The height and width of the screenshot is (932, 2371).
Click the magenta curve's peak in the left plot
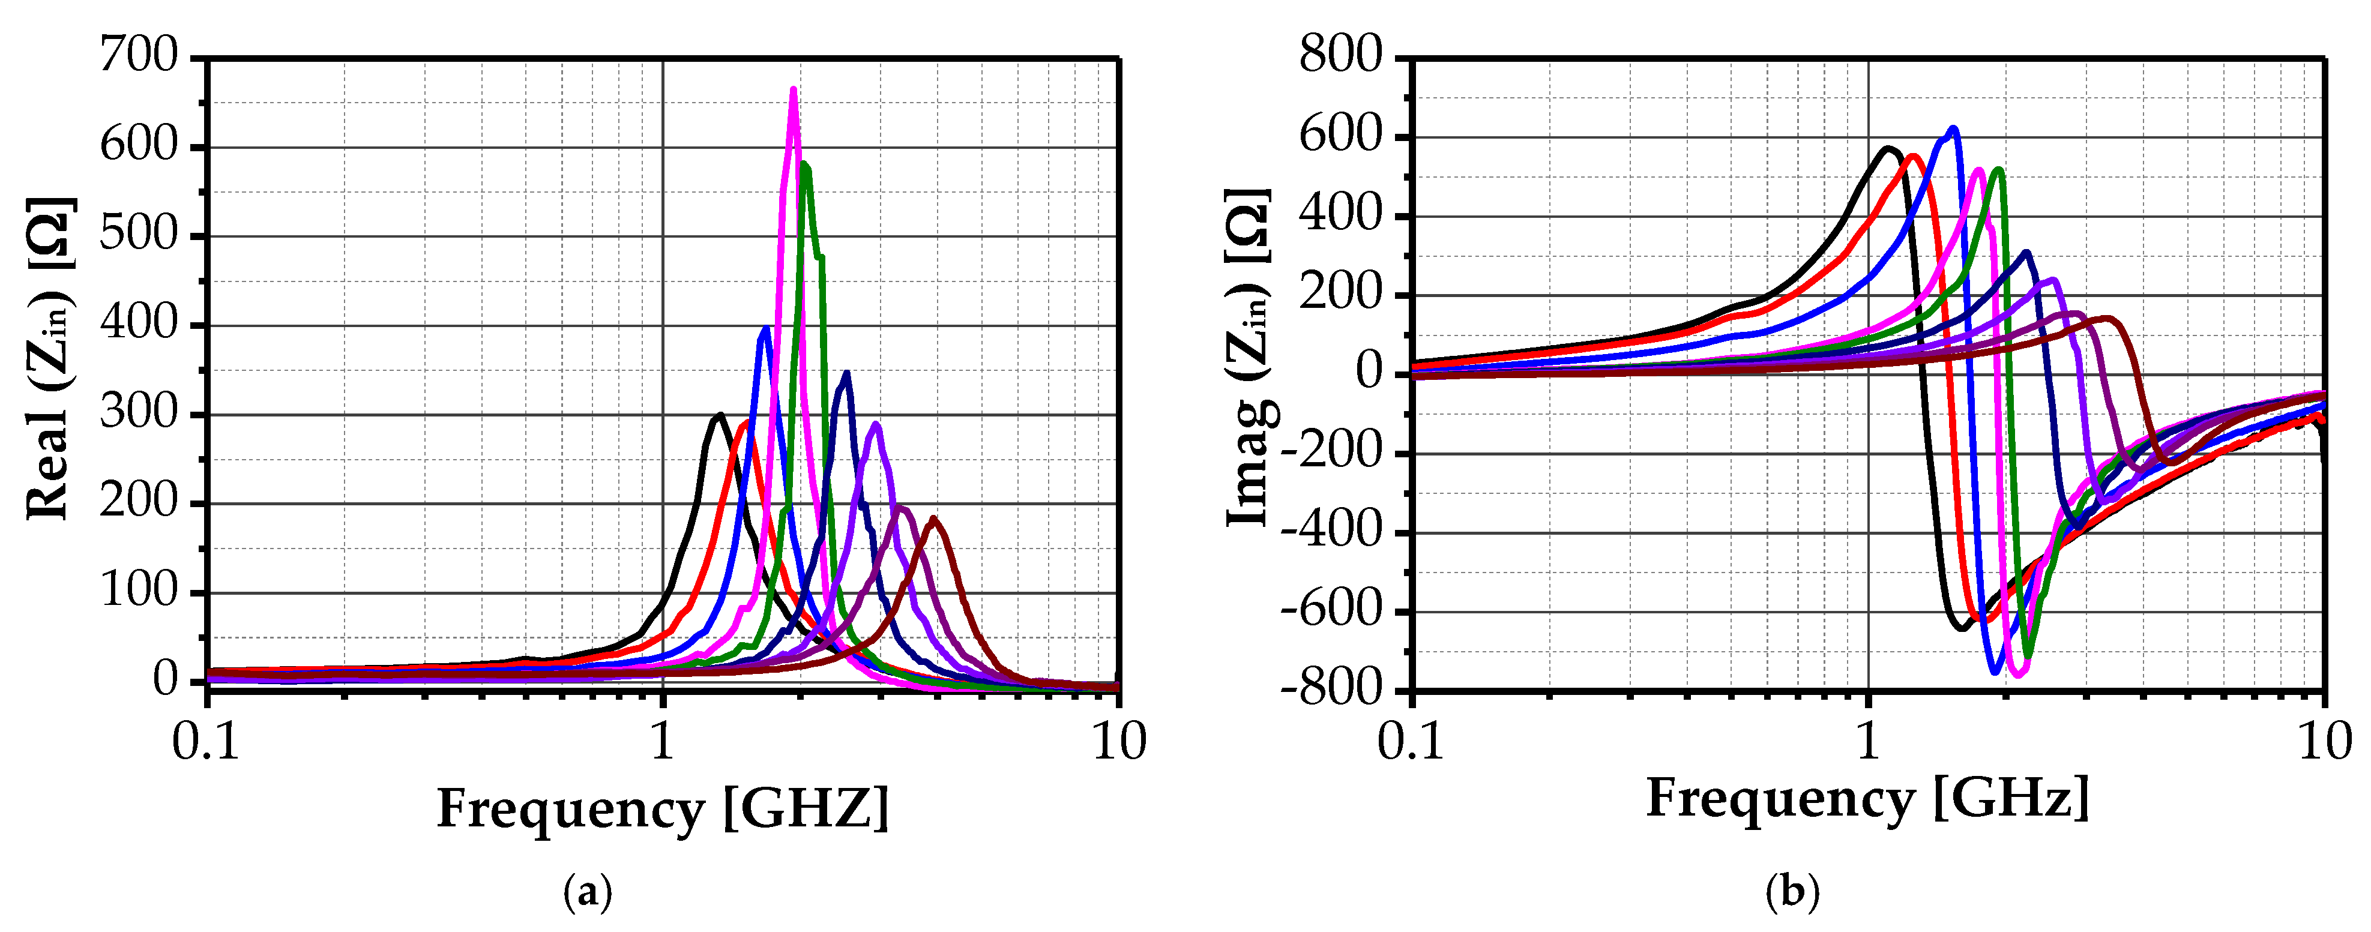pos(794,90)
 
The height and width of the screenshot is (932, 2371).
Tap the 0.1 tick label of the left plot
pos(206,742)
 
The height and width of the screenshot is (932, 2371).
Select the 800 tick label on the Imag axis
pos(1340,57)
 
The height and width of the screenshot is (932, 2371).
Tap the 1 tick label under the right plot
pos(1867,742)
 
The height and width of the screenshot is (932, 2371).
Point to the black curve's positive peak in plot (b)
pos(1889,148)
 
